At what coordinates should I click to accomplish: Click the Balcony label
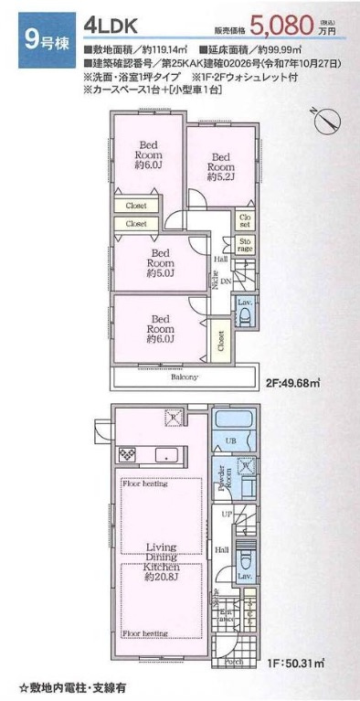pyautogui.click(x=185, y=377)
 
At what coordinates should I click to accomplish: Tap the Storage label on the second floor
pyautogui.click(x=244, y=245)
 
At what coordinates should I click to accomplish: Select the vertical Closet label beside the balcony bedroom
pyautogui.click(x=222, y=340)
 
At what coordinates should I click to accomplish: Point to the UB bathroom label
pyautogui.click(x=232, y=441)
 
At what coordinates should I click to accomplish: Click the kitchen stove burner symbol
pyautogui.click(x=127, y=453)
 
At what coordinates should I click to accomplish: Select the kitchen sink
pyautogui.click(x=166, y=455)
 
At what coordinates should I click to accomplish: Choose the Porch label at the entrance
pyautogui.click(x=232, y=663)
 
